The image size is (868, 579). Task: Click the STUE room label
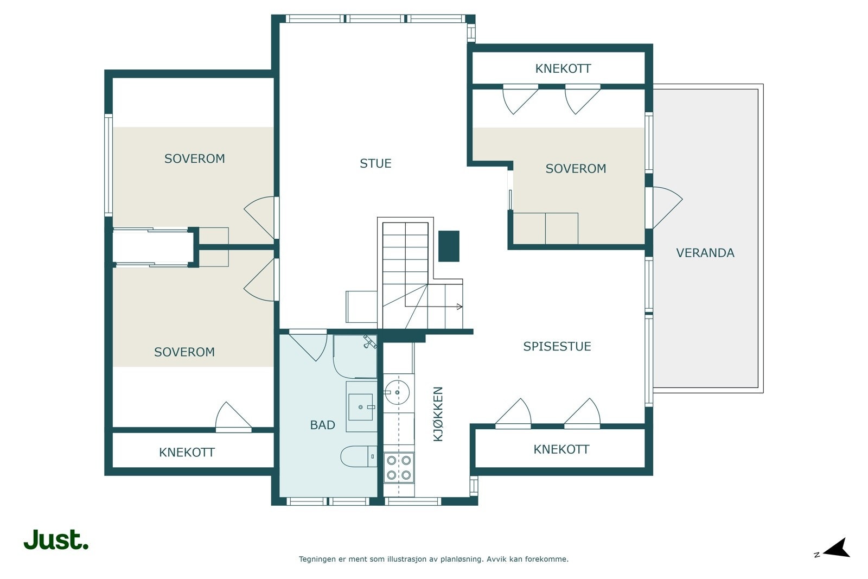point(375,163)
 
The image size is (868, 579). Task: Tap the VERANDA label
point(705,253)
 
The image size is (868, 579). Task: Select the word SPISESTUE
point(557,346)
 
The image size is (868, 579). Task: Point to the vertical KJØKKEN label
point(438,414)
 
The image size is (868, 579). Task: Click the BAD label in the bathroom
point(322,425)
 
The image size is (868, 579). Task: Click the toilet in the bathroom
point(359,456)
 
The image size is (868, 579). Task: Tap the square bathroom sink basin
point(361,408)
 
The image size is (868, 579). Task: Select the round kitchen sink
point(397,392)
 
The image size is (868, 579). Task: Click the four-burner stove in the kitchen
point(399,467)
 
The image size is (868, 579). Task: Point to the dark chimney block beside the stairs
point(449,246)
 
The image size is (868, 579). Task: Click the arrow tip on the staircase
point(461,307)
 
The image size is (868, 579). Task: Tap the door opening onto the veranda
point(667,208)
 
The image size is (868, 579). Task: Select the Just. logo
point(56,539)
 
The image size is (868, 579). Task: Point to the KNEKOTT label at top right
point(563,68)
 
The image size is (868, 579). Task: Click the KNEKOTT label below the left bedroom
point(187,452)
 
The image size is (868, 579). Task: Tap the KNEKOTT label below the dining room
point(561,449)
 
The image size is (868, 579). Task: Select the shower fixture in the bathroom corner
point(369,342)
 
